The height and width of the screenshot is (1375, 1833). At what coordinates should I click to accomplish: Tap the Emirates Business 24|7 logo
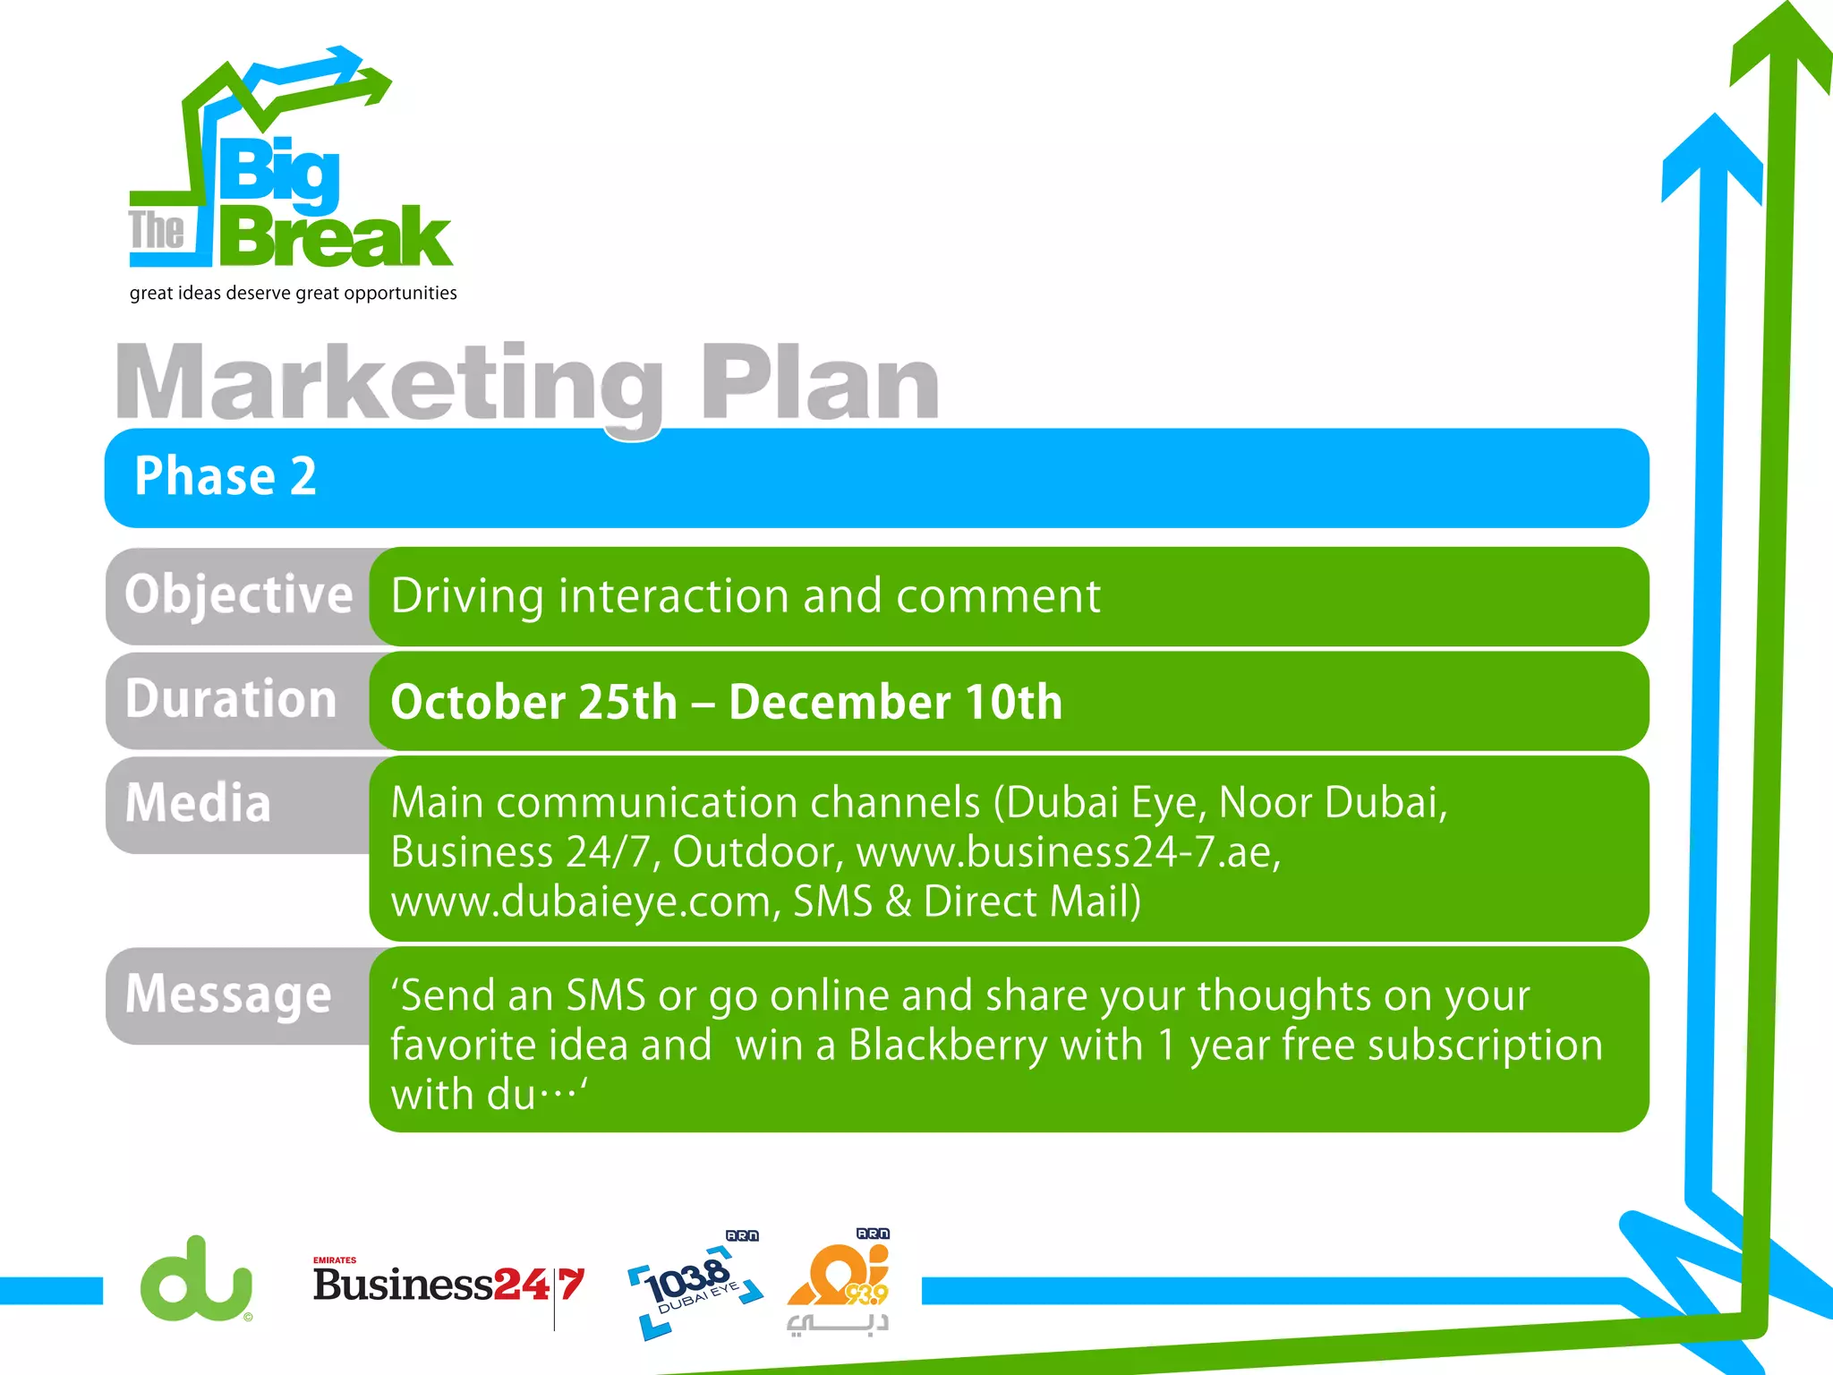click(448, 1284)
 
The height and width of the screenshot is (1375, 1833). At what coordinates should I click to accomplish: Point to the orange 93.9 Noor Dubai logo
click(840, 1280)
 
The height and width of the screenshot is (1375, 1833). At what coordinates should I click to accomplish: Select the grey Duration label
click(231, 699)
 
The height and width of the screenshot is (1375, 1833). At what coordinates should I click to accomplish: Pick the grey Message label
click(228, 995)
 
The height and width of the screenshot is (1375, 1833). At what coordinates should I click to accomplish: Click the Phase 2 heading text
click(226, 475)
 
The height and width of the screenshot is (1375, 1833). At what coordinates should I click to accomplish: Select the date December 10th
click(895, 702)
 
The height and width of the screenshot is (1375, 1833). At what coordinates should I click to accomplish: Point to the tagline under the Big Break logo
click(293, 294)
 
